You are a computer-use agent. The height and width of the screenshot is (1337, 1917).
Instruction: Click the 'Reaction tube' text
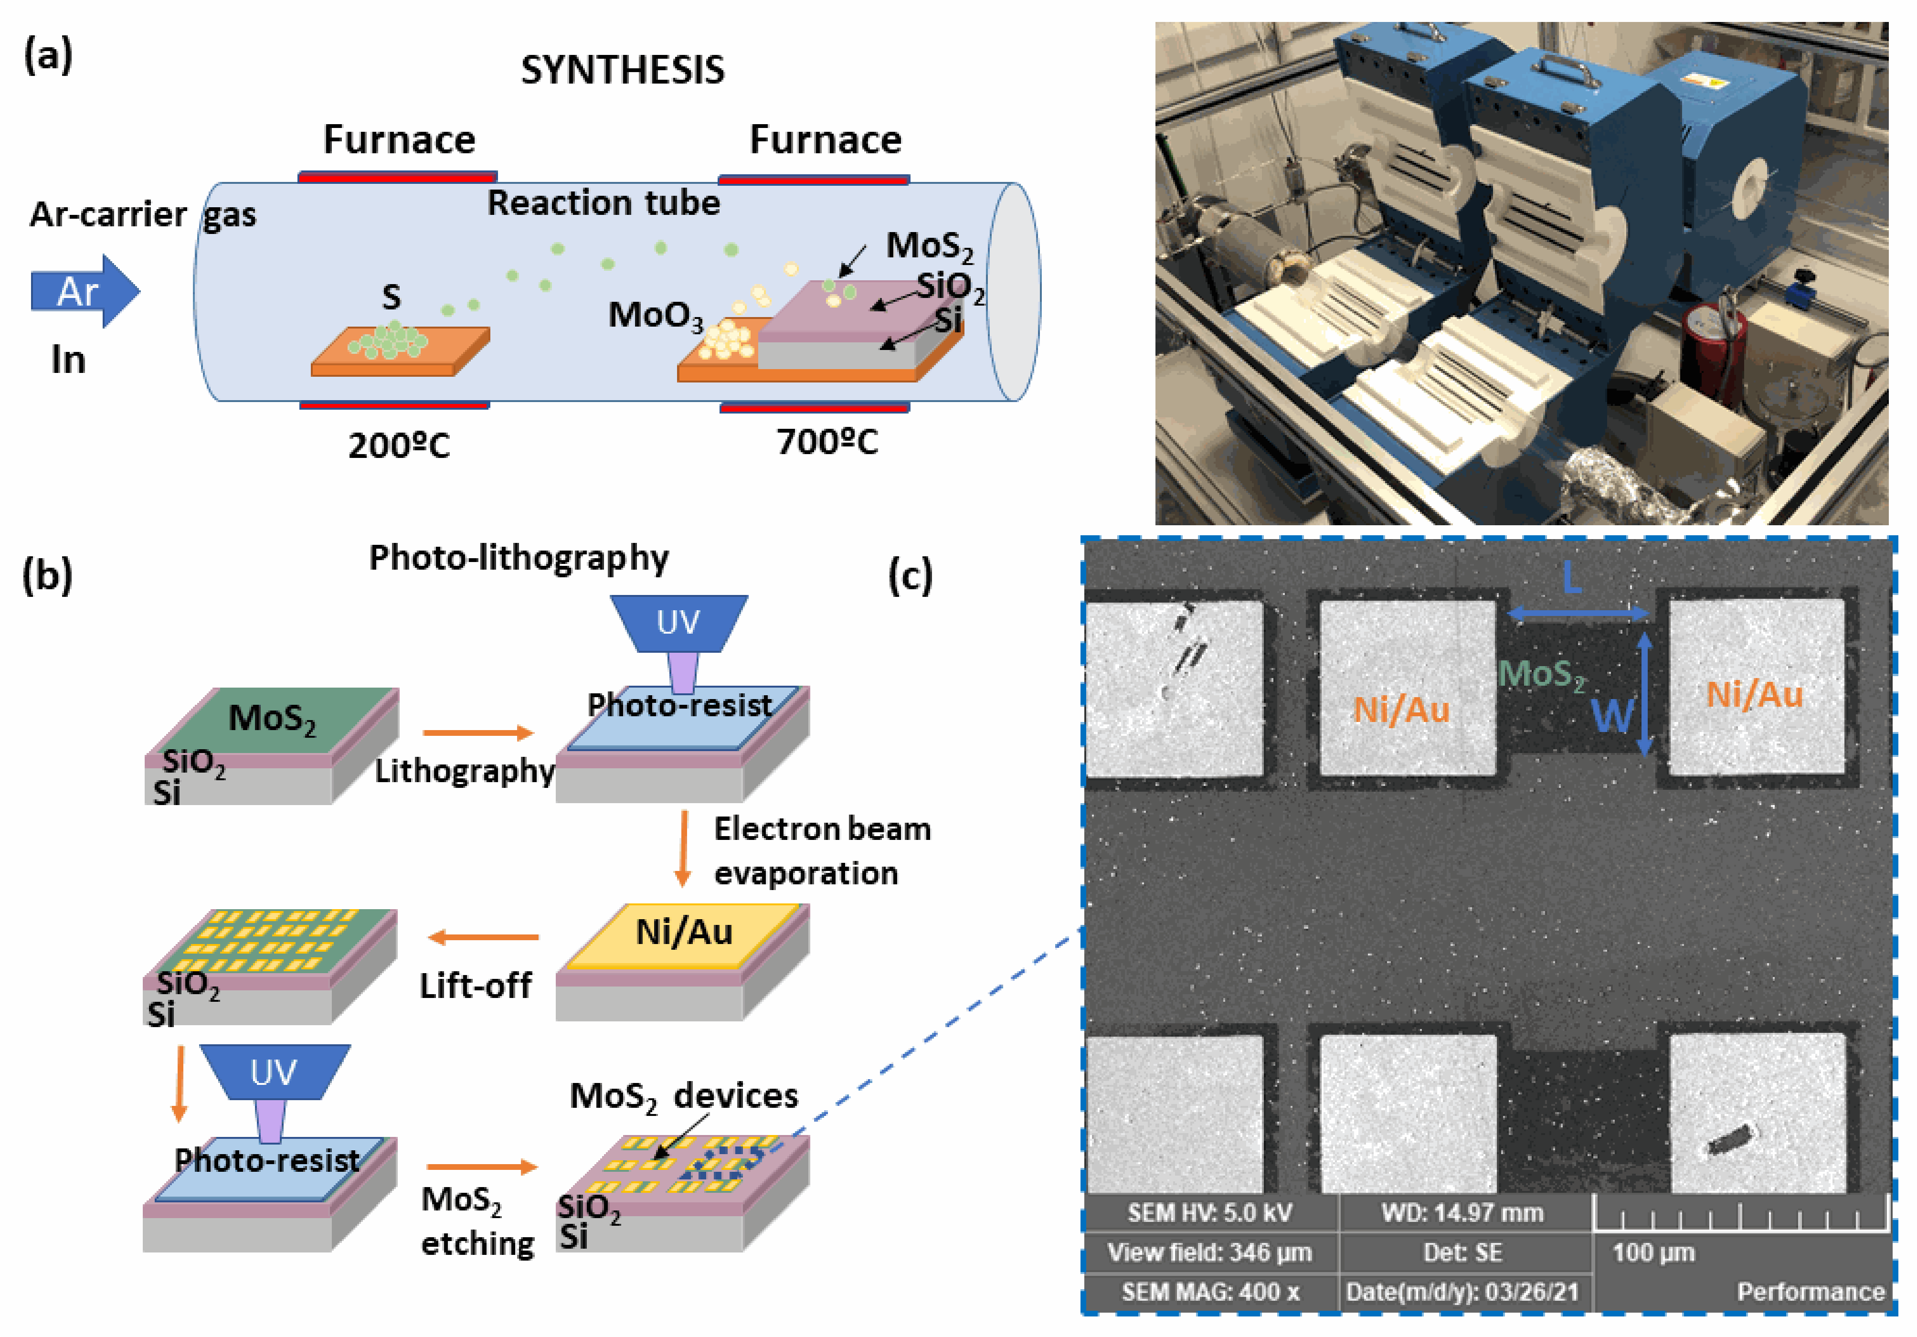click(x=603, y=203)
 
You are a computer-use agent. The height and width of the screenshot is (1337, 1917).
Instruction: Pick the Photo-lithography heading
click(x=519, y=558)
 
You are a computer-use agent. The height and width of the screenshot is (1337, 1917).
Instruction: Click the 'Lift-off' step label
click(x=475, y=986)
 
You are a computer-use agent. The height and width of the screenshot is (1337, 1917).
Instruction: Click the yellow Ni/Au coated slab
click(x=683, y=935)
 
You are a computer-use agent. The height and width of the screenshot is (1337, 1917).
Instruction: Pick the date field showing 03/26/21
click(x=1462, y=1292)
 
